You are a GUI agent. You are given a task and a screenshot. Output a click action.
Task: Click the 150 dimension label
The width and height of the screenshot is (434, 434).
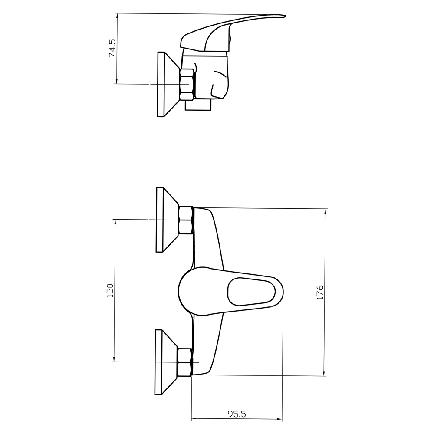110,290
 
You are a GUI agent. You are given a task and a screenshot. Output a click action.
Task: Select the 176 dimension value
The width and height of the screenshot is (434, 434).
320,292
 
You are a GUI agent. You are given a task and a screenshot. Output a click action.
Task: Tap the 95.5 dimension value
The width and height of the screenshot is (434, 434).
237,414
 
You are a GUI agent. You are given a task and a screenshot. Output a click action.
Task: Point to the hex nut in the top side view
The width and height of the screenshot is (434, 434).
187,85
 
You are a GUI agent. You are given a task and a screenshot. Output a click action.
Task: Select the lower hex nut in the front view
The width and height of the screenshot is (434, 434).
184,362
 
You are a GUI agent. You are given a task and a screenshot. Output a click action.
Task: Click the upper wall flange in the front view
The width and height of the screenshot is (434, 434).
168,220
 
